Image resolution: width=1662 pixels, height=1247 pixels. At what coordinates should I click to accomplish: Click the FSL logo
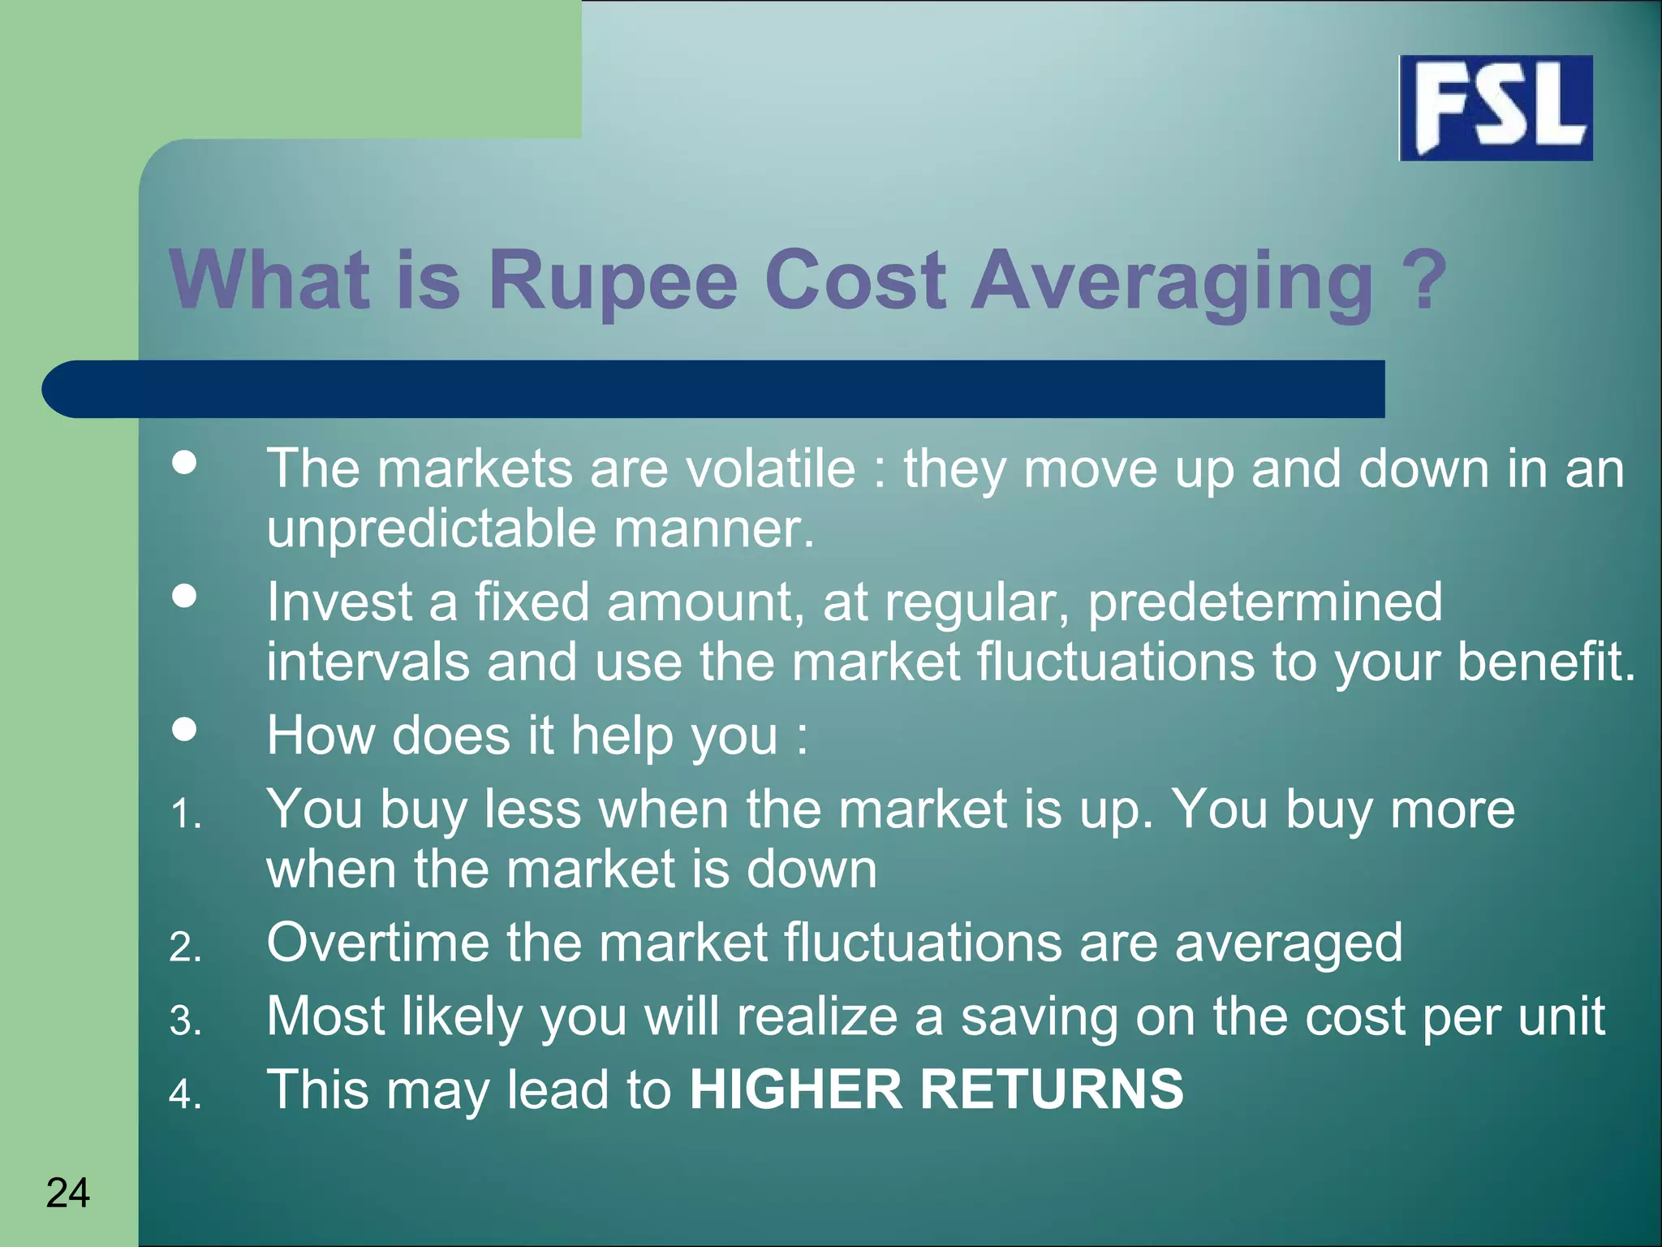point(1496,108)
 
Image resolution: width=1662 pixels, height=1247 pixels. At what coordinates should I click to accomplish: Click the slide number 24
point(68,1193)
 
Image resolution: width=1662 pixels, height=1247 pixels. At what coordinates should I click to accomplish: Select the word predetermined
point(1264,602)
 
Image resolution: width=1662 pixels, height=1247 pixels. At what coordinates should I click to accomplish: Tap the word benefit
point(1546,662)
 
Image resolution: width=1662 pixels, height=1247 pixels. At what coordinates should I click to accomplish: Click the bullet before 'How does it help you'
point(185,729)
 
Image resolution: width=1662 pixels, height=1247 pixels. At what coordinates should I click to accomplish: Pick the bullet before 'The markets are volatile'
point(185,463)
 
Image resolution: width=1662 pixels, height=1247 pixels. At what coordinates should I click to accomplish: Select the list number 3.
point(185,1020)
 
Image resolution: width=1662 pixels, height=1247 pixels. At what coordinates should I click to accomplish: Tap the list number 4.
point(185,1094)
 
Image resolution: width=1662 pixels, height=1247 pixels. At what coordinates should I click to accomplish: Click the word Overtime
point(377,943)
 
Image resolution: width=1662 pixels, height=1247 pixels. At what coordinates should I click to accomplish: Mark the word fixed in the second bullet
point(532,602)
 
